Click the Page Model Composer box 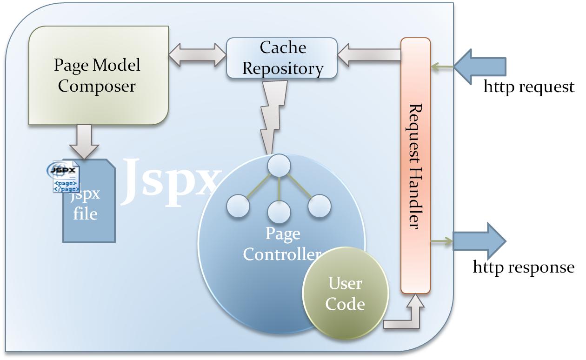pyautogui.click(x=98, y=75)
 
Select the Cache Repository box pyautogui.click(x=282, y=58)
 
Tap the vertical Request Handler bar pyautogui.click(x=415, y=165)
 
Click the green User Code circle pyautogui.click(x=345, y=293)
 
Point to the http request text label pyautogui.click(x=529, y=87)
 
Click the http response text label pyautogui.click(x=523, y=267)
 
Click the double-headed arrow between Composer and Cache pyautogui.click(x=197, y=55)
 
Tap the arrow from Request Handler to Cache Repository pyautogui.click(x=368, y=55)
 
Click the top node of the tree pyautogui.click(x=279, y=165)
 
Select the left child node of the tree pyautogui.click(x=238, y=206)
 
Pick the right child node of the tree pyautogui.click(x=320, y=206)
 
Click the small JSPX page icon pyautogui.click(x=64, y=177)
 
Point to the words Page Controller pyautogui.click(x=282, y=244)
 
